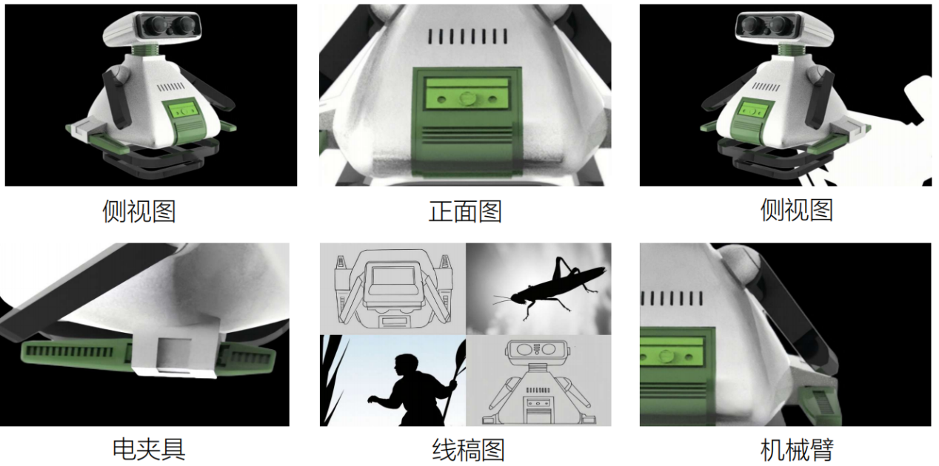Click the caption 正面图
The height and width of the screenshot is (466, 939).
click(x=465, y=212)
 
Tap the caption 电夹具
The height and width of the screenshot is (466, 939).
click(x=149, y=449)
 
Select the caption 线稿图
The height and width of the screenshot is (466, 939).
click(x=468, y=450)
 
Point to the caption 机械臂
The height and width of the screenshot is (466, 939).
click(x=797, y=450)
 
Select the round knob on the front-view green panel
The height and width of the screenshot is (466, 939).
click(x=466, y=98)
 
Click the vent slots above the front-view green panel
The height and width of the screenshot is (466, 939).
click(x=467, y=36)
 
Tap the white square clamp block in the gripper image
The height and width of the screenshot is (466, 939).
click(x=176, y=348)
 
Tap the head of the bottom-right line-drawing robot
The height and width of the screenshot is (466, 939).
click(x=538, y=351)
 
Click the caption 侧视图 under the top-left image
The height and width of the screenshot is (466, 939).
click(x=138, y=212)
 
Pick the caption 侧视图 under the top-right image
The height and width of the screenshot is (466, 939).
click(x=797, y=210)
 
